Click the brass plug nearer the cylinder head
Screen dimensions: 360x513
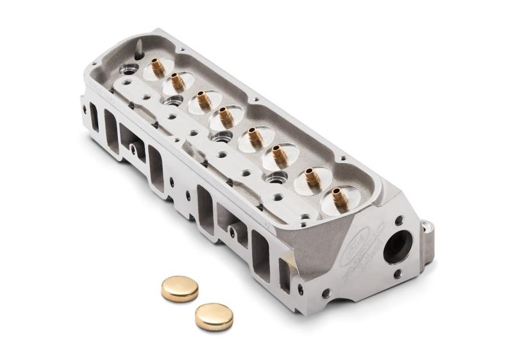click(180, 288)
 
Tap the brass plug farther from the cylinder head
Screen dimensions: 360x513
click(214, 316)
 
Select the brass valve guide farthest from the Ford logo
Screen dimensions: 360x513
click(156, 66)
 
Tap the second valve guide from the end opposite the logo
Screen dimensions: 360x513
click(176, 81)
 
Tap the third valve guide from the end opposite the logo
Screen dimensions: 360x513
click(203, 100)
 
